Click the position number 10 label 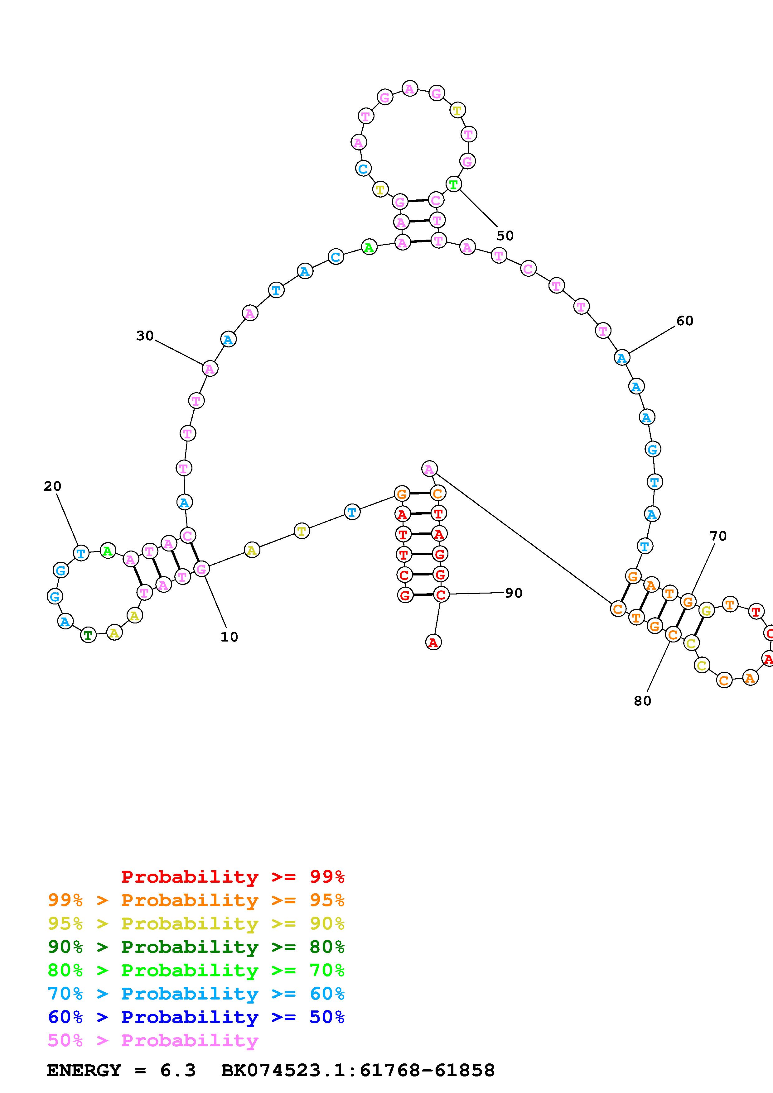pyautogui.click(x=229, y=637)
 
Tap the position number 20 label pyautogui.click(x=52, y=486)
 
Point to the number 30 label pyautogui.click(x=145, y=336)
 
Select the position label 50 pyautogui.click(x=505, y=236)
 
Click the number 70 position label pyautogui.click(x=718, y=536)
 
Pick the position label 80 pyautogui.click(x=642, y=700)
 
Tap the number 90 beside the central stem pyautogui.click(x=514, y=593)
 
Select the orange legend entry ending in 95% pyautogui.click(x=196, y=900)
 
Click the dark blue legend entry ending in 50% pyautogui.click(x=196, y=1017)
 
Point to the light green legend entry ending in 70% pyautogui.click(x=196, y=970)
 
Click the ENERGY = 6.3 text pyautogui.click(x=121, y=1071)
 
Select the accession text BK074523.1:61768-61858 pyautogui.click(x=358, y=1071)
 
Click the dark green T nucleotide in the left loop pyautogui.click(x=88, y=635)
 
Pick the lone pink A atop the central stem pyautogui.click(x=429, y=469)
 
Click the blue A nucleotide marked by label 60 pyautogui.click(x=621, y=357)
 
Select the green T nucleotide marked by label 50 pyautogui.click(x=453, y=184)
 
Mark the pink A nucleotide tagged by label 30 pyautogui.click(x=210, y=369)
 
